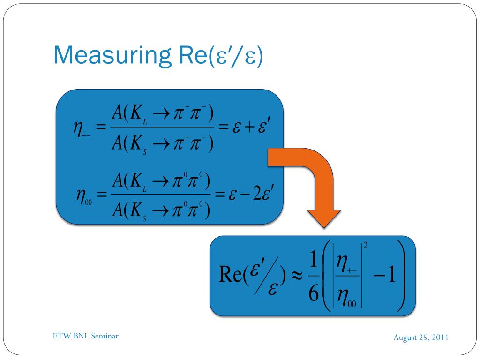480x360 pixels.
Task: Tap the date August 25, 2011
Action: (421, 337)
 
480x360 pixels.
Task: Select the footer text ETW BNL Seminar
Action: (85, 336)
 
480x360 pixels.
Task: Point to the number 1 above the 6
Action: (313, 260)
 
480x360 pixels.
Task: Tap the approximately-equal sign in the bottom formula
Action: (295, 276)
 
